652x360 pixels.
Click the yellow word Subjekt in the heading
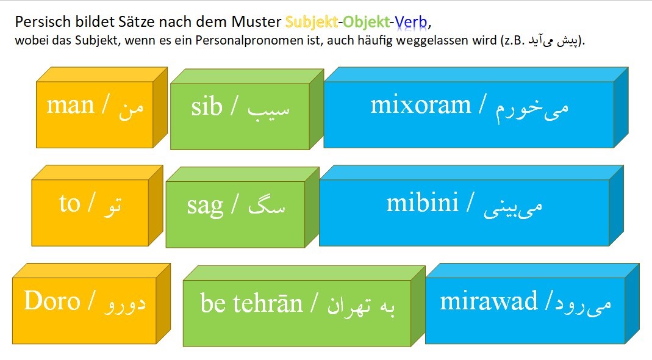(x=311, y=21)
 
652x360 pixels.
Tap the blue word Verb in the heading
(x=411, y=21)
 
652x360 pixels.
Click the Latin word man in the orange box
(x=70, y=105)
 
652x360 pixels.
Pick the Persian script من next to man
(x=131, y=109)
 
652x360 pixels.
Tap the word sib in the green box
(x=207, y=107)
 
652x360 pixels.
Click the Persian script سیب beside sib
(x=268, y=109)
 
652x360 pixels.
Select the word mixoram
(x=420, y=105)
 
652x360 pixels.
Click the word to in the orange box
(x=70, y=204)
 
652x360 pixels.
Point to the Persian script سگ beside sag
(x=267, y=205)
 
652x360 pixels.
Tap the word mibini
(x=422, y=203)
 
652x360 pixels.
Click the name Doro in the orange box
(x=52, y=300)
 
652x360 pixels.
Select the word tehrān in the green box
(x=267, y=303)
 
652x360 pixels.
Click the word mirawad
(x=489, y=301)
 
